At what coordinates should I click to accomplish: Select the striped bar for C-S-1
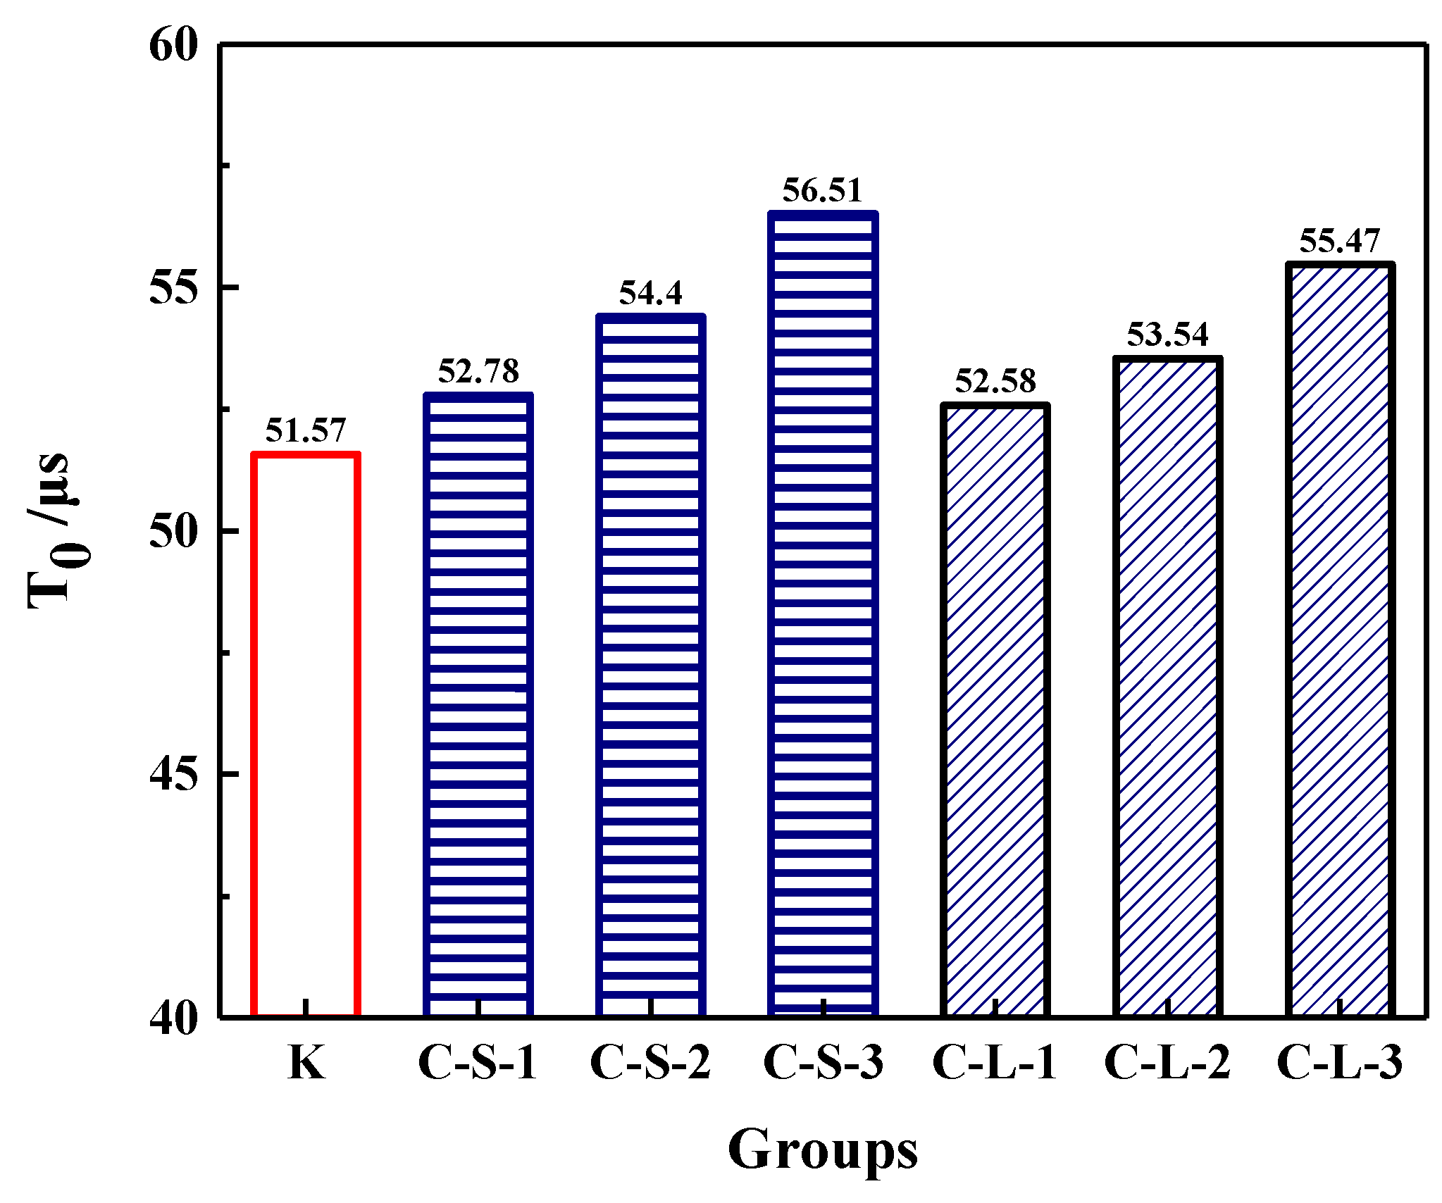(x=478, y=704)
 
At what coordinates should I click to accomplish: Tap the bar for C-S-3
(x=823, y=613)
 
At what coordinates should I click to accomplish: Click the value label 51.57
(x=306, y=430)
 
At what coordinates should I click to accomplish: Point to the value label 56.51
(x=822, y=190)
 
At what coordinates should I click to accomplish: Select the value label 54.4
(x=650, y=293)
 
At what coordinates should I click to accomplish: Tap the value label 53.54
(x=1167, y=335)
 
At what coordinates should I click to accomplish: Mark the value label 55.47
(x=1339, y=241)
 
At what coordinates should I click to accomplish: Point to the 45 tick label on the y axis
(x=173, y=775)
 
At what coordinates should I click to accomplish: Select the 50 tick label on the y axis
(x=173, y=532)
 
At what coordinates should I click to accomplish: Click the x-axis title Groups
(x=822, y=1150)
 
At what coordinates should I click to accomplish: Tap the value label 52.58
(x=995, y=381)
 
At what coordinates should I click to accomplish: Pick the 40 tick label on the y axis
(x=173, y=1018)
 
